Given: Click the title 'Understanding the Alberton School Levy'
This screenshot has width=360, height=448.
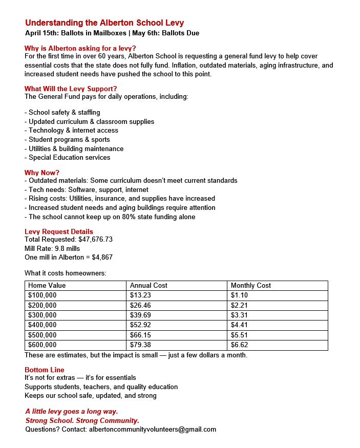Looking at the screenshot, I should [x=104, y=23].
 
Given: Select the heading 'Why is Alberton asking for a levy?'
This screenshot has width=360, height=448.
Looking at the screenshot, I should [x=80, y=49].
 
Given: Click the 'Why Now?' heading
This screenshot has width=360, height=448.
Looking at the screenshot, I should [x=42, y=173].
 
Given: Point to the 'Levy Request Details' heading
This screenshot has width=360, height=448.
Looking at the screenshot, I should [x=59, y=231].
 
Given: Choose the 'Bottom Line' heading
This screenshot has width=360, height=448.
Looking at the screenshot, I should [x=45, y=370].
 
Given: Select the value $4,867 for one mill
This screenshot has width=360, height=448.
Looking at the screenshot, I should [x=102, y=257].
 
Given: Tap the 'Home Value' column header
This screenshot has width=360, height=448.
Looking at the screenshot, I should [x=47, y=285].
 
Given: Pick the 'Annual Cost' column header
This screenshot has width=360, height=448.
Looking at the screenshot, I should [x=149, y=285].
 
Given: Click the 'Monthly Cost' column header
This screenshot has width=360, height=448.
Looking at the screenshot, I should [x=251, y=285].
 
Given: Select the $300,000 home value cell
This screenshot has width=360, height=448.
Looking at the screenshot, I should [x=43, y=315].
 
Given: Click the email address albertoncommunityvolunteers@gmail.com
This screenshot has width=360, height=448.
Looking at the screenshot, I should [x=153, y=430].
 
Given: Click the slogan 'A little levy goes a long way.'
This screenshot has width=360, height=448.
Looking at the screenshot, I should [x=72, y=412].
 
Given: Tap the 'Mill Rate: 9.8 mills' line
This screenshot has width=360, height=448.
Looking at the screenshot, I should [x=52, y=248].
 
